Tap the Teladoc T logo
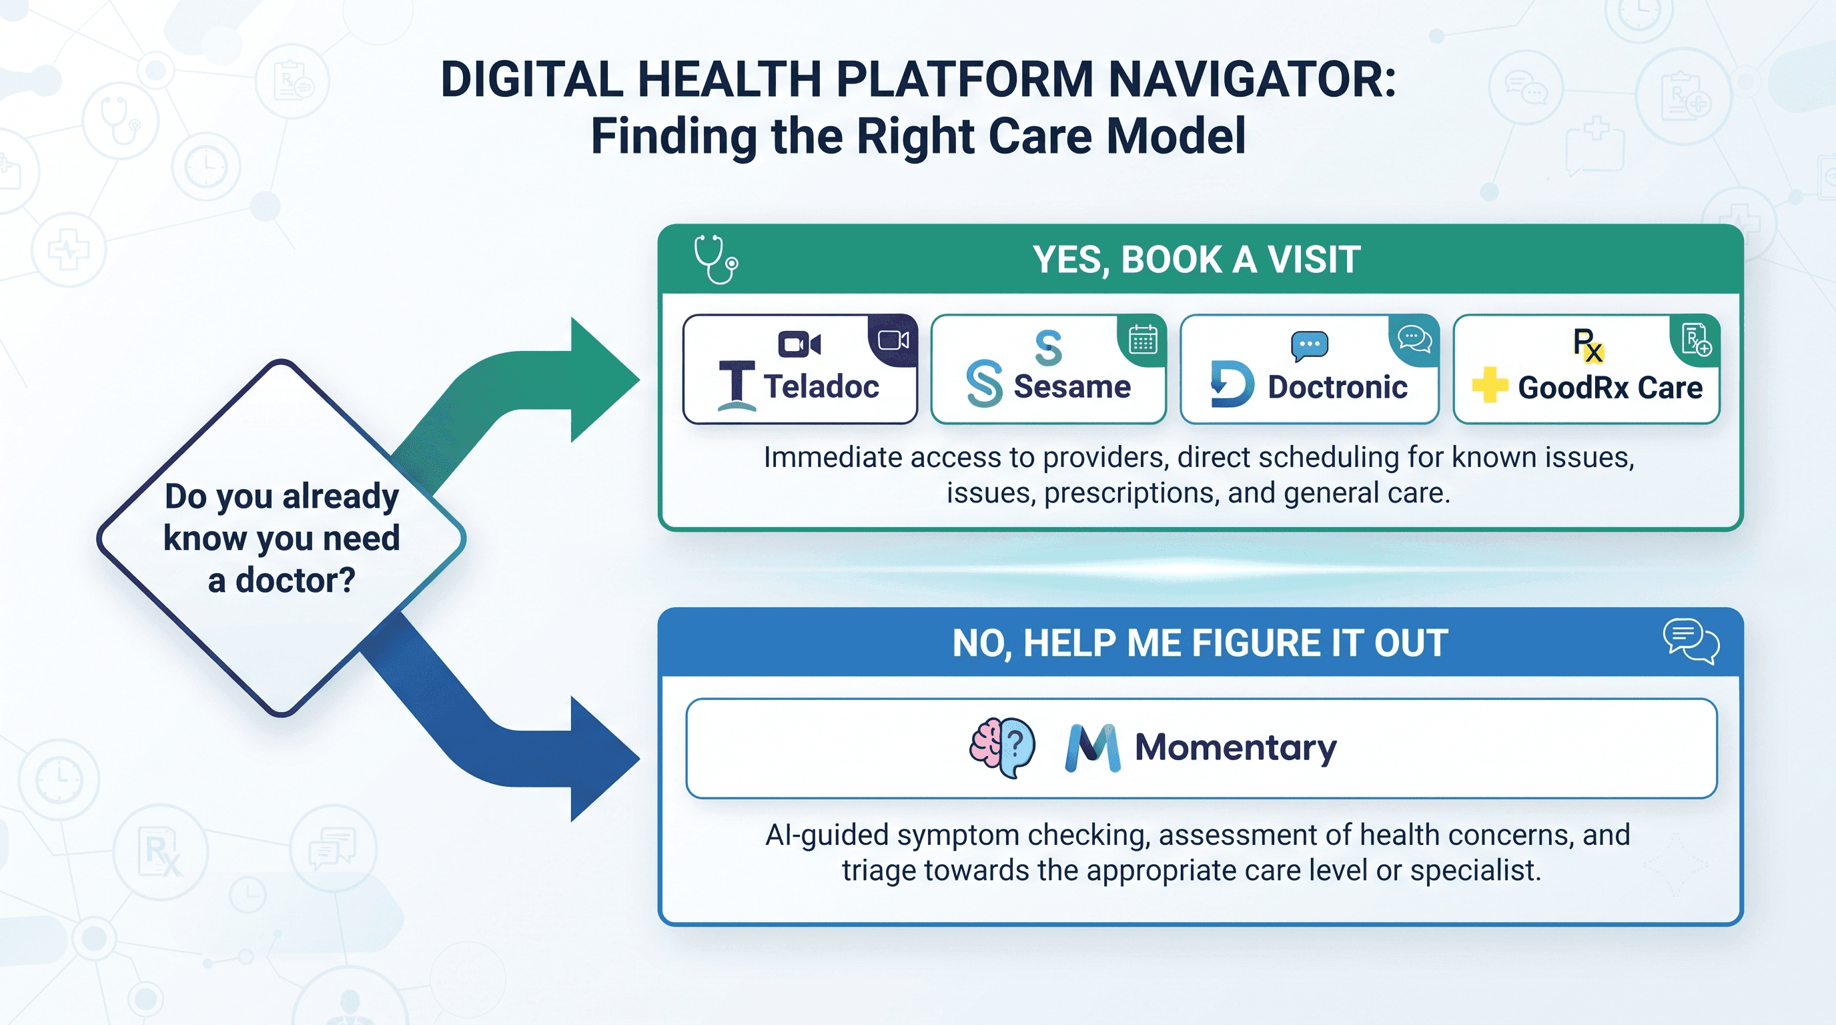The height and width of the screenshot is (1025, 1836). tap(737, 386)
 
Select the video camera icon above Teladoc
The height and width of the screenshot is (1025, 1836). tap(799, 344)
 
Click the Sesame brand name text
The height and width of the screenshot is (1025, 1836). tap(1072, 386)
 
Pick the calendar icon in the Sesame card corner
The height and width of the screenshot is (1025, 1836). tap(1143, 339)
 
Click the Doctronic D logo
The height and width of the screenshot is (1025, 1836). tap(1232, 384)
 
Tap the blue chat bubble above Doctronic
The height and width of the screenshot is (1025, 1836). tap(1310, 346)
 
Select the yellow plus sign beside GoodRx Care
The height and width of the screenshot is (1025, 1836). tap(1490, 385)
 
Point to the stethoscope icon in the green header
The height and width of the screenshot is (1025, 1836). tap(716, 260)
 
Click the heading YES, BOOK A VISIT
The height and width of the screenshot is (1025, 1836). tap(1197, 260)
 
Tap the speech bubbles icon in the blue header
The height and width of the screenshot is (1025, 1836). tap(1691, 641)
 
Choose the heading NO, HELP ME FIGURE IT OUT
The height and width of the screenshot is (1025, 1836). tap(1200, 643)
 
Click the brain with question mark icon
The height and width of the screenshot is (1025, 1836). tap(1002, 747)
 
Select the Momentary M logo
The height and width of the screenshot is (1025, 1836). tap(1093, 749)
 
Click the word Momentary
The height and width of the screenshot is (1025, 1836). tap(1236, 747)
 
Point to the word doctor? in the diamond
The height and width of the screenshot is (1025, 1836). tap(295, 580)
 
